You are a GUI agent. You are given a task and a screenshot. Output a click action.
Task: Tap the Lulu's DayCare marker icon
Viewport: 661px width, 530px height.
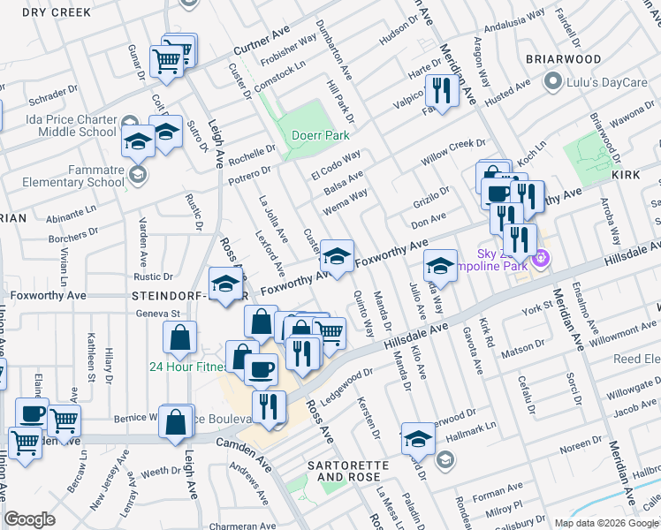(553, 83)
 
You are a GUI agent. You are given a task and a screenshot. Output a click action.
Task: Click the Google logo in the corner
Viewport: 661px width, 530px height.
(30, 519)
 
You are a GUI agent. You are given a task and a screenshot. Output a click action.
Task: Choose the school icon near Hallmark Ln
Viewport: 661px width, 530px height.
(418, 437)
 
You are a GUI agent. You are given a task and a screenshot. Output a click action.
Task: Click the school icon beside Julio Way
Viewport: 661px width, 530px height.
(439, 264)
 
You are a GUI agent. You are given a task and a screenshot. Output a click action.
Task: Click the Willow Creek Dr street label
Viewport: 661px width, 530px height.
(454, 149)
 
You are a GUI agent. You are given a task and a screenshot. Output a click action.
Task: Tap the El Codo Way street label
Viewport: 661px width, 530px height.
(336, 165)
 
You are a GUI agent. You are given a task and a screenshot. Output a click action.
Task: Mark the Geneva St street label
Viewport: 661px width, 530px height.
(157, 313)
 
